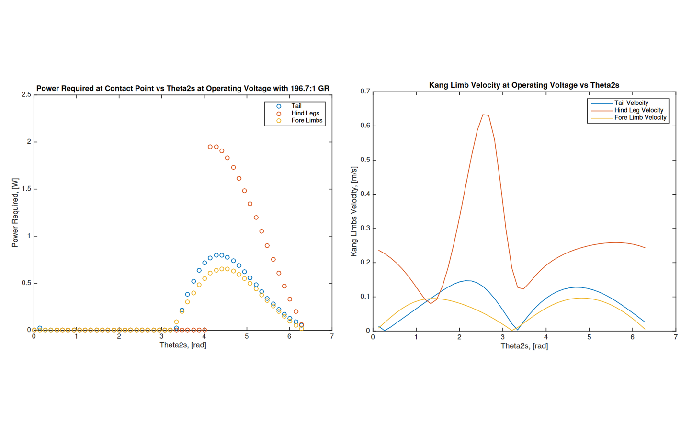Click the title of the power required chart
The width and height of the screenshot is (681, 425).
182,88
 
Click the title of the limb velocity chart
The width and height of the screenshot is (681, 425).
524,85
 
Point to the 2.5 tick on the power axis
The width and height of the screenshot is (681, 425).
26,95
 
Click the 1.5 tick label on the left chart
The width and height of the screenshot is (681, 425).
26,189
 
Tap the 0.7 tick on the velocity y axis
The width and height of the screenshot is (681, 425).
365,92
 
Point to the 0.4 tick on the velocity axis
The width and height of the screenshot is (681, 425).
365,194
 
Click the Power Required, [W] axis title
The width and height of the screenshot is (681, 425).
15,213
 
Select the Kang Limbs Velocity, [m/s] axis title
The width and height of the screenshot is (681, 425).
354,211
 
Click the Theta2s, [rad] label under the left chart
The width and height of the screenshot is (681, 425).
183,345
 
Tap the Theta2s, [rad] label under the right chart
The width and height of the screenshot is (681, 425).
524,345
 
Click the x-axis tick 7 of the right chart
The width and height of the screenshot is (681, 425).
675,337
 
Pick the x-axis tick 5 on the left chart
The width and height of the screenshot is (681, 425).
247,336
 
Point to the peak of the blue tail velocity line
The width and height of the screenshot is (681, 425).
467,281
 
